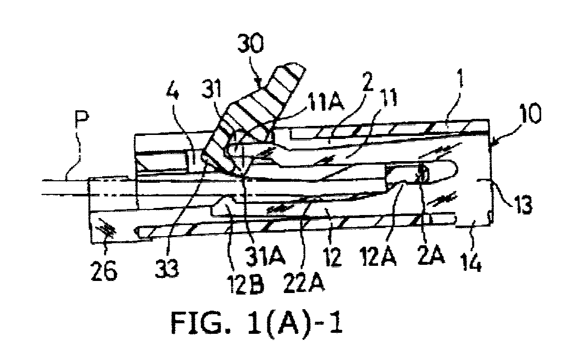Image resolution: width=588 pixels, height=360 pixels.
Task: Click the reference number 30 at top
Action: point(251,44)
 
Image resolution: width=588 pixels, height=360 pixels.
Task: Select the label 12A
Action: point(378,256)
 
